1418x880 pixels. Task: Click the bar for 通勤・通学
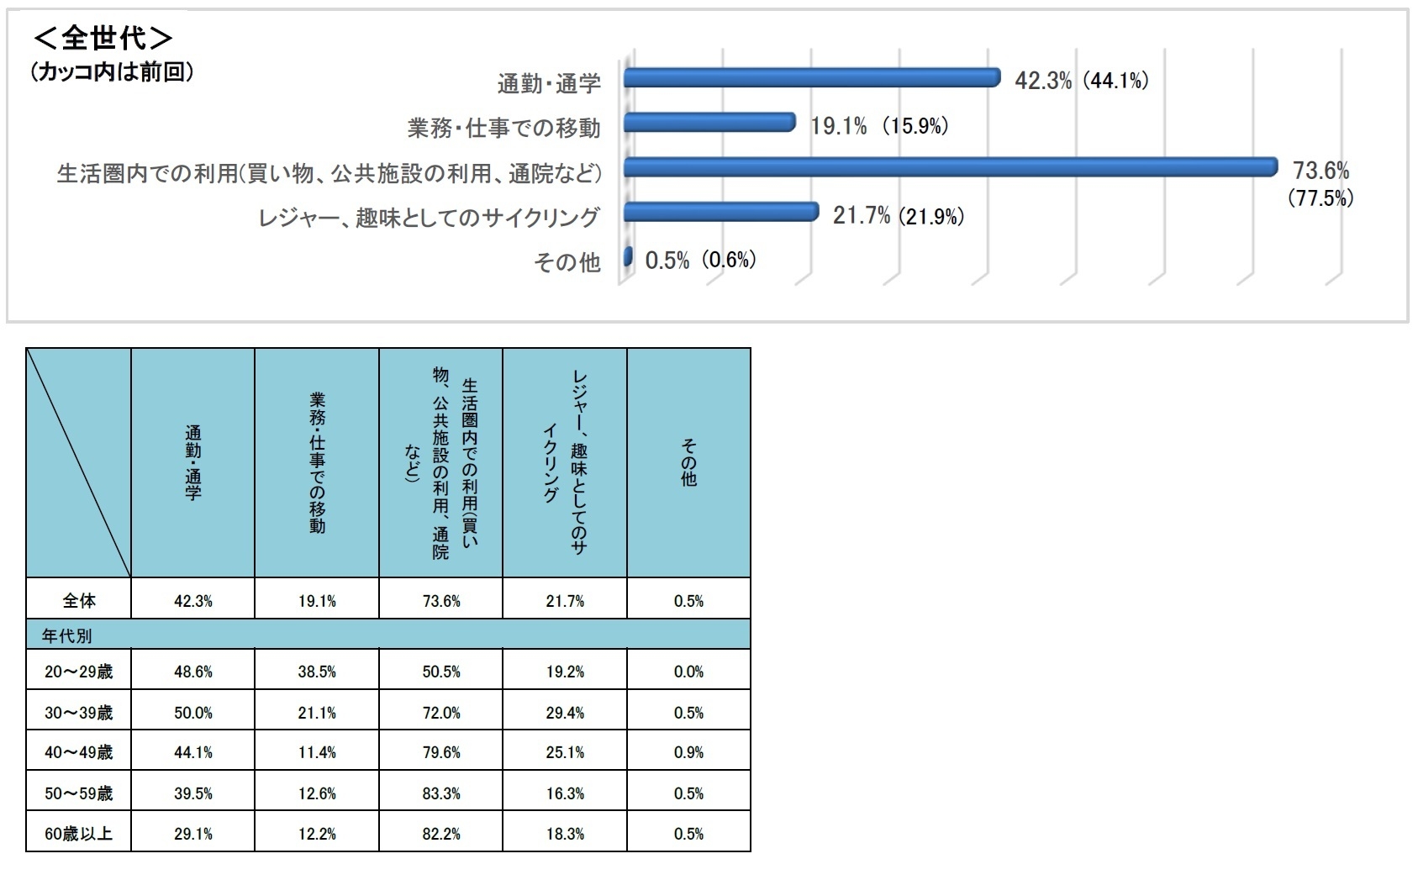tap(811, 78)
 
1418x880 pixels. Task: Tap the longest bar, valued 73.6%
tap(950, 167)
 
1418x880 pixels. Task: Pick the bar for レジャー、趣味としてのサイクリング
tap(720, 212)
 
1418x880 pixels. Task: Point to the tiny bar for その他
tap(627, 257)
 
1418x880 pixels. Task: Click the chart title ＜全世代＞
tap(103, 39)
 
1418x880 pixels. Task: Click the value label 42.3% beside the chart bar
tap(1043, 81)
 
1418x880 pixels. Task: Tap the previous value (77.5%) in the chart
tap(1320, 199)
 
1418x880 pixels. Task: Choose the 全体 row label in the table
tap(79, 601)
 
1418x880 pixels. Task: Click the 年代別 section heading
tap(67, 635)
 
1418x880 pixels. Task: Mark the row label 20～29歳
tap(79, 672)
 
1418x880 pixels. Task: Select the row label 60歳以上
tap(79, 834)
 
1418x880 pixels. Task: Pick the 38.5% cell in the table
tap(317, 672)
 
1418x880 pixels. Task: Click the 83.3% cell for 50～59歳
tap(441, 793)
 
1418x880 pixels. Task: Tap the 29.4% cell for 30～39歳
tap(565, 713)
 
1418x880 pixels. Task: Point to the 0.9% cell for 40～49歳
tap(688, 753)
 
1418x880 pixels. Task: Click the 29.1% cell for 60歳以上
tap(193, 834)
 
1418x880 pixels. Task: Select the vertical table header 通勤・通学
tap(193, 463)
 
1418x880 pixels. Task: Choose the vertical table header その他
tap(688, 463)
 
